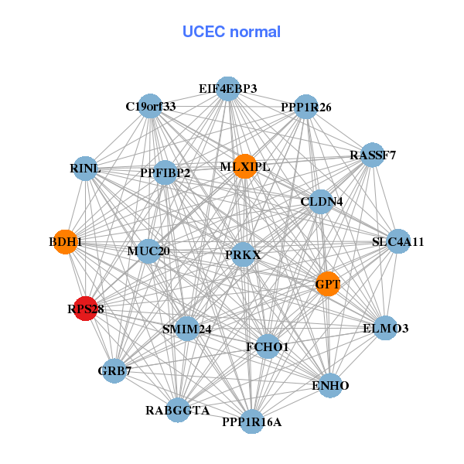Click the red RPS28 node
[85, 308]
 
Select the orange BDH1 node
[67, 242]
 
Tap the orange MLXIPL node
[244, 166]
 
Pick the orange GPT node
[328, 284]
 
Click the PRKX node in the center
[243, 255]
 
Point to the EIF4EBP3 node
[227, 88]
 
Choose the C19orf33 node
[150, 106]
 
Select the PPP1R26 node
[306, 107]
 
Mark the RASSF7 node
[373, 155]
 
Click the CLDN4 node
[321, 202]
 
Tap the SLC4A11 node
[397, 241]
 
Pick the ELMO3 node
[385, 328]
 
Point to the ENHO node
[330, 384]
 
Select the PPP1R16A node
[251, 421]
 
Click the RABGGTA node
[178, 410]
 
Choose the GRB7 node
[114, 370]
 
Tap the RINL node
[85, 169]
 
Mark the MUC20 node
[148, 251]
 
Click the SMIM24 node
[187, 329]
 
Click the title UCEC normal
[231, 32]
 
